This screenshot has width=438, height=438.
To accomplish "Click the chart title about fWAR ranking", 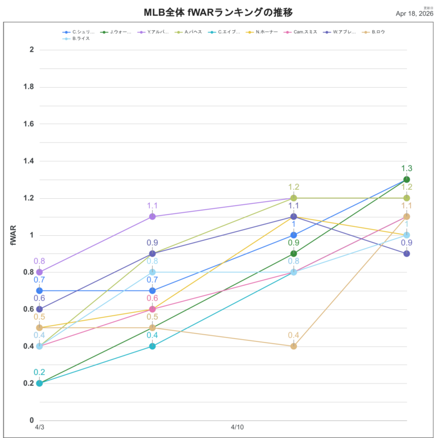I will pos(218,12).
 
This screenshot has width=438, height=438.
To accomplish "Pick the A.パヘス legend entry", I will pos(193,32).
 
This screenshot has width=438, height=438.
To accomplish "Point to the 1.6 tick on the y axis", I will pos(27,124).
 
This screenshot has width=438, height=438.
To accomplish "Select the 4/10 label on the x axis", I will pos(237,428).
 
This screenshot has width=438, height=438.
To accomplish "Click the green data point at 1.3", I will pos(407,180).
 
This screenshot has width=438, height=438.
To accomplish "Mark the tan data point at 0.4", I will pos(294,346).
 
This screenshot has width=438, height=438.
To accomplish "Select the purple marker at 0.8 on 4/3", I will pos(39,272).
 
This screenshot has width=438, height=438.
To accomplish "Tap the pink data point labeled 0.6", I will pos(152,309).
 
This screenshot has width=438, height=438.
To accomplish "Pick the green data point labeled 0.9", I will pos(294,253).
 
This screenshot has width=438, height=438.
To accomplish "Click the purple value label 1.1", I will pos(152,206).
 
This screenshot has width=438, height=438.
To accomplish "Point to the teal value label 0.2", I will pos(39,372).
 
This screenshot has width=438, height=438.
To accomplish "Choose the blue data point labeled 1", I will pos(294,235).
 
